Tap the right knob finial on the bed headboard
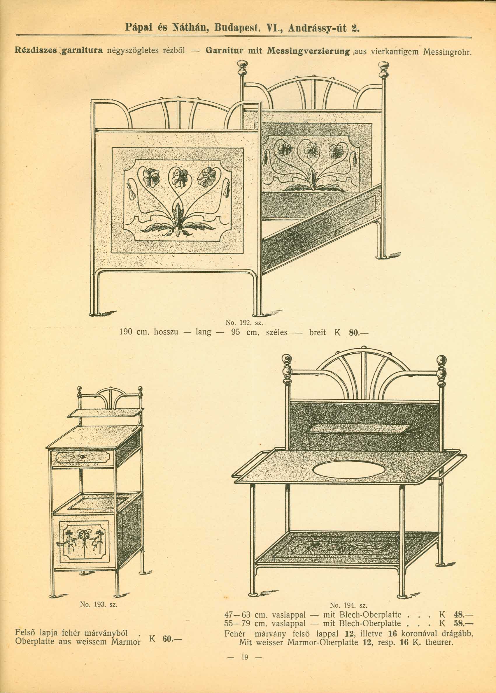coord(383,67)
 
